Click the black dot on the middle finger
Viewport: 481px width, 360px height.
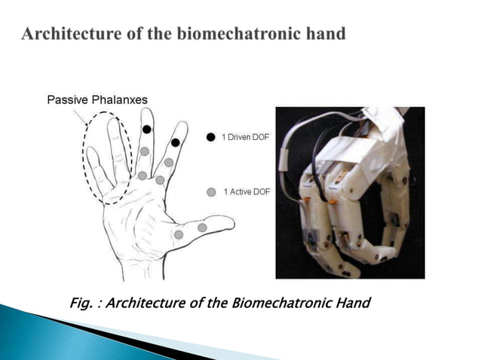tap(147, 130)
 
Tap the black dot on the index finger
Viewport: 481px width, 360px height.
tap(175, 142)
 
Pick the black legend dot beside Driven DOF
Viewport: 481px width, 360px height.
tap(211, 138)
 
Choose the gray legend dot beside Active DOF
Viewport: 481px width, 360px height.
tap(211, 192)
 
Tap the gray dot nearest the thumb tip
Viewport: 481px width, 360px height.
tap(202, 227)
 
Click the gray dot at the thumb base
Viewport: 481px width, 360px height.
tap(178, 234)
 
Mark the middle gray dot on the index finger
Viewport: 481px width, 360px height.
tap(169, 162)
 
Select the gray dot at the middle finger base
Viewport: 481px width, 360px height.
tap(142, 175)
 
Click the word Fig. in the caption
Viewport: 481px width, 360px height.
tap(82, 303)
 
